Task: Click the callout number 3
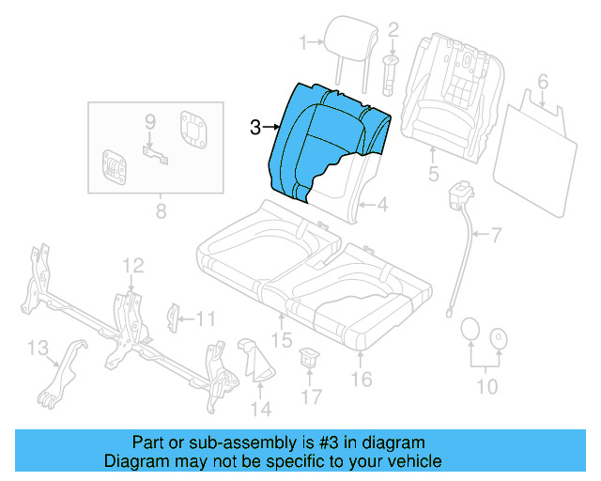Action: point(255,128)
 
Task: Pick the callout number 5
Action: point(433,174)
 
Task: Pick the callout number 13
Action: point(38,349)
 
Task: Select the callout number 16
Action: point(362,379)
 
